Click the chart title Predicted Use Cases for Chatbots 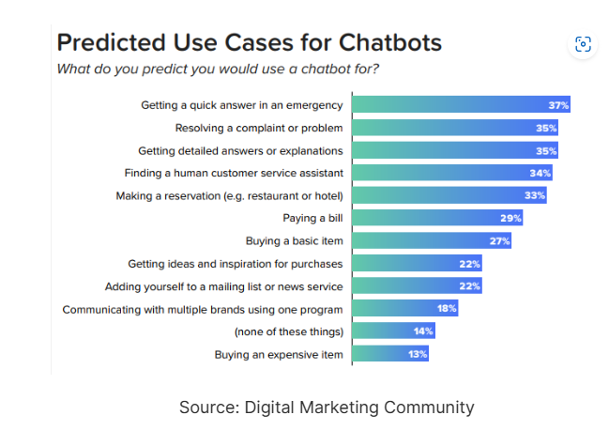[x=249, y=42]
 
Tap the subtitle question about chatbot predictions [x=218, y=69]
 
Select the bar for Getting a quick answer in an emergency [x=461, y=104]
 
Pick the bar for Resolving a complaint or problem [x=455, y=128]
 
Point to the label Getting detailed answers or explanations [x=240, y=150]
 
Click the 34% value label [x=540, y=173]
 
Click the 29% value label [x=510, y=218]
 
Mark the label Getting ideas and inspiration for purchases [x=235, y=264]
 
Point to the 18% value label [x=447, y=309]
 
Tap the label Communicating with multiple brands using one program [x=202, y=309]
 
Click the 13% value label [x=418, y=354]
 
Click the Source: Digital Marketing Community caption [x=327, y=407]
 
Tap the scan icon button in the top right [x=584, y=44]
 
